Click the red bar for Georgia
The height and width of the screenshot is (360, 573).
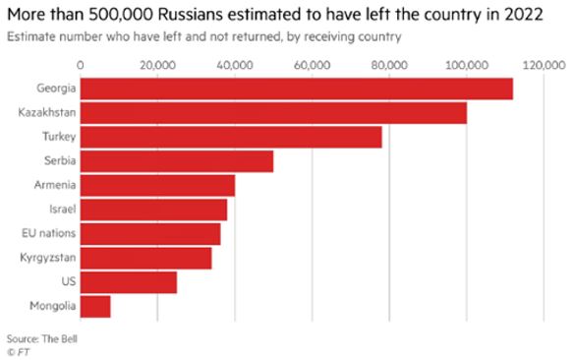[x=297, y=89]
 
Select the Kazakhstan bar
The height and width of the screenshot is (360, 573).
[x=273, y=113]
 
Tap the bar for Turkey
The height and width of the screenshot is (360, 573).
[x=231, y=137]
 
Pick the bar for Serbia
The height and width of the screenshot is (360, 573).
[x=177, y=161]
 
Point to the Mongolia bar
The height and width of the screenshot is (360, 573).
[x=95, y=307]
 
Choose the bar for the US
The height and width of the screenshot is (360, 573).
[x=129, y=282]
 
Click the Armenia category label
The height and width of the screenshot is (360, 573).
[x=55, y=185]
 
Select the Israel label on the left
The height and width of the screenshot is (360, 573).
[x=63, y=209]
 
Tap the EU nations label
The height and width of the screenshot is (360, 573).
[x=48, y=233]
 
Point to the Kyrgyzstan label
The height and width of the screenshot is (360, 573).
[x=48, y=258]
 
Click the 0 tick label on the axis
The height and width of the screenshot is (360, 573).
[x=80, y=65]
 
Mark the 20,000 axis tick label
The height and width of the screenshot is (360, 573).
[x=157, y=66]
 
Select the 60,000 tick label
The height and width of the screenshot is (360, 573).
[x=313, y=66]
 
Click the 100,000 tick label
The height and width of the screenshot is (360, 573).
[x=467, y=66]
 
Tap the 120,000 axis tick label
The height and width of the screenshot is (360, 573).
[x=544, y=66]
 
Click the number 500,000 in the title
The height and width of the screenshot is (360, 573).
[x=121, y=15]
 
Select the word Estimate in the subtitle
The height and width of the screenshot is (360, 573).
[x=31, y=36]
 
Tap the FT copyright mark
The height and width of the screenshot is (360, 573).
[x=19, y=352]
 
